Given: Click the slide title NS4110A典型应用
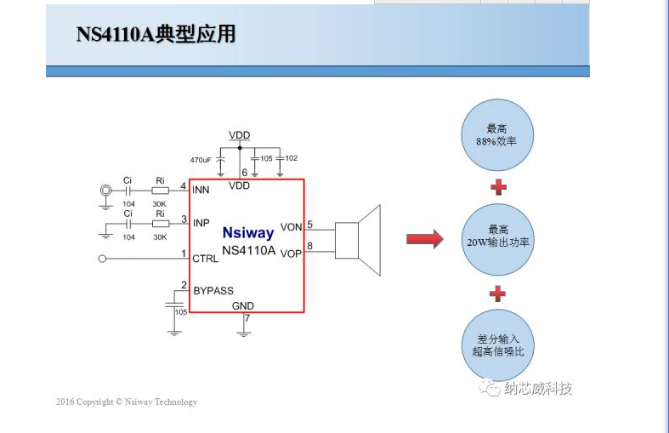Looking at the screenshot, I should click(156, 35).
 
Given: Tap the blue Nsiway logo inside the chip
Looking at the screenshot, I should click(248, 232).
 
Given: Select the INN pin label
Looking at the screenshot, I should click(201, 190).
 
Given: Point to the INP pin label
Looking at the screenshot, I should click(201, 223).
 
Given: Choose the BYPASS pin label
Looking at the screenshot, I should click(213, 291).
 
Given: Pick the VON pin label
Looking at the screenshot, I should click(291, 227).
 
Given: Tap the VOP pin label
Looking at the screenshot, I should click(291, 254).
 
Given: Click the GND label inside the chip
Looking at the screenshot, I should click(243, 305).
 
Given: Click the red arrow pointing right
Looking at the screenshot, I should click(424, 239).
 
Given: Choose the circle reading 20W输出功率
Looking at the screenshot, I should click(498, 237).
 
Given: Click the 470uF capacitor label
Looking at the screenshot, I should click(201, 160).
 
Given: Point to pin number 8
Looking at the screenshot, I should click(310, 247).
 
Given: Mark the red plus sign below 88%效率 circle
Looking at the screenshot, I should click(498, 186).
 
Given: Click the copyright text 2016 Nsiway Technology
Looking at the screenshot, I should click(127, 402).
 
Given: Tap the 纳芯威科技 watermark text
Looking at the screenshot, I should click(538, 389).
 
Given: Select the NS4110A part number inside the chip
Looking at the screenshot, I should click(248, 250).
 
